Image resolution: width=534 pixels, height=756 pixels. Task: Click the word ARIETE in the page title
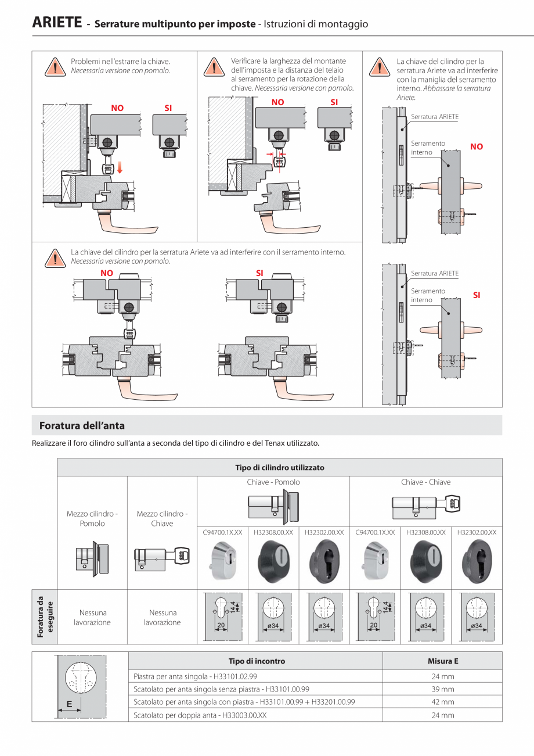(56, 24)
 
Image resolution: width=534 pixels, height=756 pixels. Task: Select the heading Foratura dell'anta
(82, 426)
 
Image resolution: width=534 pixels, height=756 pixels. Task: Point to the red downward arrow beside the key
(120, 169)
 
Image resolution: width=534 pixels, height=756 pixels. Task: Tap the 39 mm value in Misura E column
(442, 689)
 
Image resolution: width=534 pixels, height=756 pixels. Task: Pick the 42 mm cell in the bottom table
(442, 702)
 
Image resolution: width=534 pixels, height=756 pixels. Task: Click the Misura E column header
(442, 661)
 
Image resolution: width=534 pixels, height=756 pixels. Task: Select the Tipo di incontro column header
(257, 661)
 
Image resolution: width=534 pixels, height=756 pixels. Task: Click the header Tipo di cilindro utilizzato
(279, 467)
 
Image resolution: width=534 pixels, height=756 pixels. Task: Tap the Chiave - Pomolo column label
(273, 482)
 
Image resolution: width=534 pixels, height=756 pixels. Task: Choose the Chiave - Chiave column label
(425, 482)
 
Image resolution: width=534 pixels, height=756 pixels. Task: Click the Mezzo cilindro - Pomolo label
(92, 518)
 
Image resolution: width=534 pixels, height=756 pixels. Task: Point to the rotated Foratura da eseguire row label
(45, 617)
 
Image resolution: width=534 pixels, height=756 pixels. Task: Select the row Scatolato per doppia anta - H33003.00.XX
(200, 715)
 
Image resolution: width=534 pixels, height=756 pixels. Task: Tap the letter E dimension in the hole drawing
(70, 704)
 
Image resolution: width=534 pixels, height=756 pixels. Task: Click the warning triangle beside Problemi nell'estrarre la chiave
(54, 67)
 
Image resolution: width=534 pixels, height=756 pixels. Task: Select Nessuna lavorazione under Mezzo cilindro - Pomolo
(92, 617)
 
